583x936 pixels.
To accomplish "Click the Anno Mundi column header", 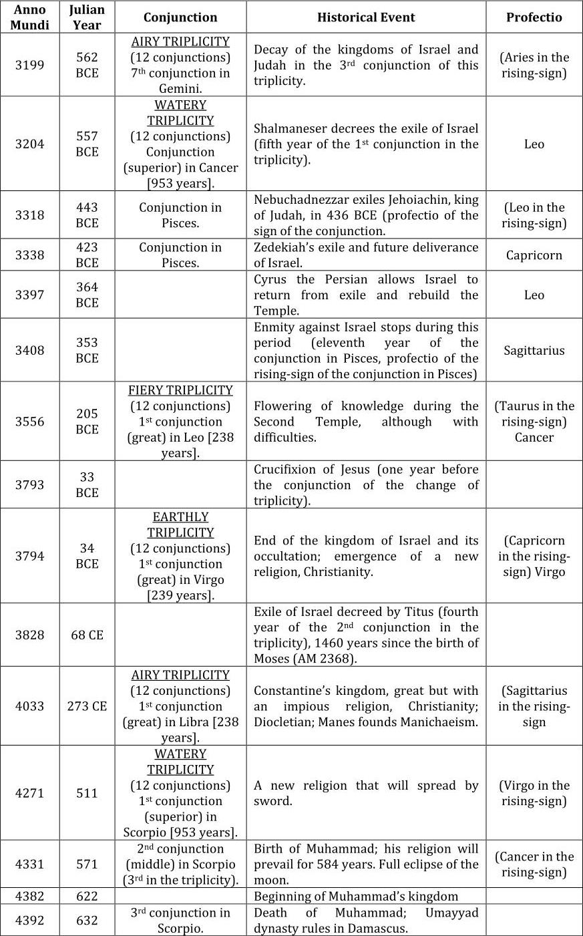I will click(x=29, y=17).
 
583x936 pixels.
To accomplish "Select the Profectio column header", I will click(x=534, y=17).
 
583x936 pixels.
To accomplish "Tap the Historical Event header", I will click(x=366, y=17).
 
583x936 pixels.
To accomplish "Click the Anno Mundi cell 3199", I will click(x=29, y=65).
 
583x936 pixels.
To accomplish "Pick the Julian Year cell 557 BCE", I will click(x=87, y=144).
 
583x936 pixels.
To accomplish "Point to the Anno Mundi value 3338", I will click(x=29, y=255).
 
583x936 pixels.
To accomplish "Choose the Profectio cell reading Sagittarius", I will click(x=534, y=351).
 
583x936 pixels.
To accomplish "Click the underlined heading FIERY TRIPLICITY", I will click(x=180, y=390).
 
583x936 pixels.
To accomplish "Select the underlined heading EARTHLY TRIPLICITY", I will click(x=180, y=525).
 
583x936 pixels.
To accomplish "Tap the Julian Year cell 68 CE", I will click(x=87, y=635).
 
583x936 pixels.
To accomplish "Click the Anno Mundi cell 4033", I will click(x=29, y=706).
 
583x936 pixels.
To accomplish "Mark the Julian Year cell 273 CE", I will click(x=87, y=706).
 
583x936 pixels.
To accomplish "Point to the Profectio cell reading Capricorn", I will click(x=534, y=255).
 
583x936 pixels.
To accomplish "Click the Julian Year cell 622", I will click(x=87, y=897).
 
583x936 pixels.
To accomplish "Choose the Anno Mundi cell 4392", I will click(x=29, y=921).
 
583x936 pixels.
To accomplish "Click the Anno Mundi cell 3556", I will click(x=29, y=422).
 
